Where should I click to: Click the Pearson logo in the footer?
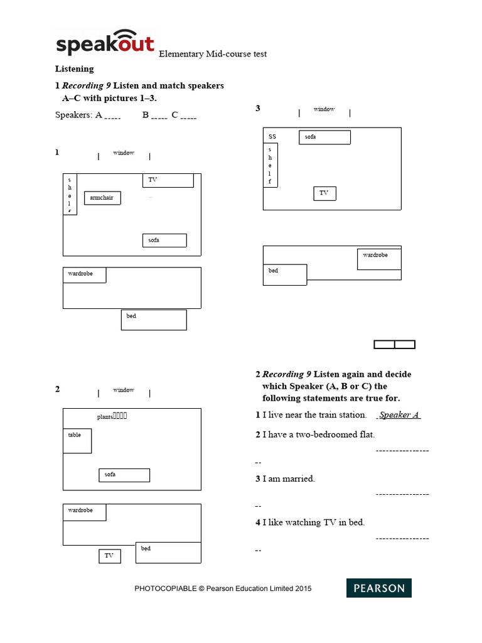(379, 588)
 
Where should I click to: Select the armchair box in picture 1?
(102, 198)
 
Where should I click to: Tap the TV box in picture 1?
(168, 180)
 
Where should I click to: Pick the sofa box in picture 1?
(164, 240)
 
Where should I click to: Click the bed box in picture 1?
(154, 320)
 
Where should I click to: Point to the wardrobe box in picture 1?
(84, 275)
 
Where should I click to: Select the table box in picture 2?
(77, 441)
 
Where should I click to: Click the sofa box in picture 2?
(124, 475)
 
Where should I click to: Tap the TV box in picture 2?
(109, 556)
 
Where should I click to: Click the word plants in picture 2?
(104, 417)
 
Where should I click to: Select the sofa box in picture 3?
(324, 138)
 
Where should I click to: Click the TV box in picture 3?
(324, 193)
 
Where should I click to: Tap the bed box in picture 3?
(284, 274)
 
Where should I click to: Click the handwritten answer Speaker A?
(399, 415)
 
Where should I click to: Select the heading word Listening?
(74, 69)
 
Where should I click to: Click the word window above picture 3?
(324, 109)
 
